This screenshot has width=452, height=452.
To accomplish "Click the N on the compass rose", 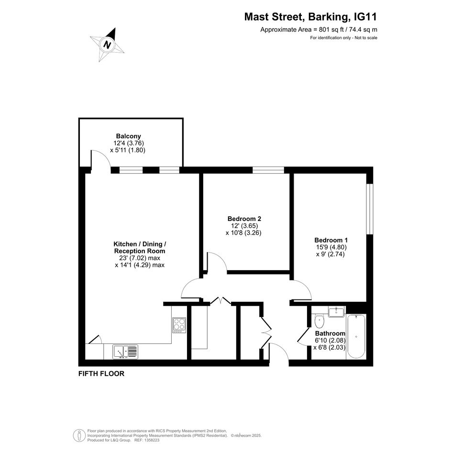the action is [108, 45].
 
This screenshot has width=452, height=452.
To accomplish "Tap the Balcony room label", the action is [128, 136].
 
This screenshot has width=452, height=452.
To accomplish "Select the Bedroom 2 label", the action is [244, 219].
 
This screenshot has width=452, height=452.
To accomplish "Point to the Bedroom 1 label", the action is [331, 240].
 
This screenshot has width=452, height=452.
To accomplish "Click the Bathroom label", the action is [330, 333].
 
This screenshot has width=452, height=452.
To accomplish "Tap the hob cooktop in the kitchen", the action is [179, 325].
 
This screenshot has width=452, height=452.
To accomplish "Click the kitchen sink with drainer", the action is [125, 352].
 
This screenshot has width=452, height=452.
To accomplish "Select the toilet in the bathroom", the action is [320, 320].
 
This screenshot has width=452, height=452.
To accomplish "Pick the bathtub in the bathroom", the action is [356, 337].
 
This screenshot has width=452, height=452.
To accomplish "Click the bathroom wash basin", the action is [336, 311].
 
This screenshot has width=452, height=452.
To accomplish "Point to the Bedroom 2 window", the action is [268, 170].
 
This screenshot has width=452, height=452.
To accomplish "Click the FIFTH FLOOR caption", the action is [101, 374].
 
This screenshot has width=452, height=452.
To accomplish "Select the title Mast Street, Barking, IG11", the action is [310, 17].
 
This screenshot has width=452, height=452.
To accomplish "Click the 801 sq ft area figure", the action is [331, 29].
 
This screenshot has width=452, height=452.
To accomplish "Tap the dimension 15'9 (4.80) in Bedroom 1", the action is [331, 247].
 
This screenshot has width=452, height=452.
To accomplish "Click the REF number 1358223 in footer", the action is [151, 440].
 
